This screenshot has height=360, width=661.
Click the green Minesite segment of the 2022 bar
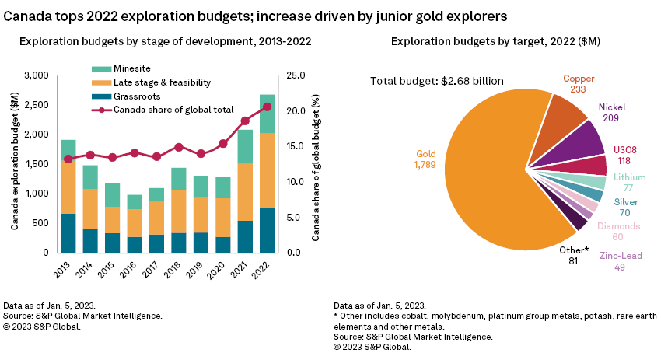coord(267,114)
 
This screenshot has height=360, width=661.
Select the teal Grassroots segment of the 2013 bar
coord(68,232)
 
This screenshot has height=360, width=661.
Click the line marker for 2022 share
coord(267,107)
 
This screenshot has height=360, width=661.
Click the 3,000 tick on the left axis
coord(36,75)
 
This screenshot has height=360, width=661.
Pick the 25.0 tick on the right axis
coord(297,75)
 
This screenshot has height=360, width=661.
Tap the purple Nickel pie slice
coord(586,140)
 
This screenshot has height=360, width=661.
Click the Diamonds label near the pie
coord(619,226)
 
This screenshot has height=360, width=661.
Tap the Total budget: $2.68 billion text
coord(436,81)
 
